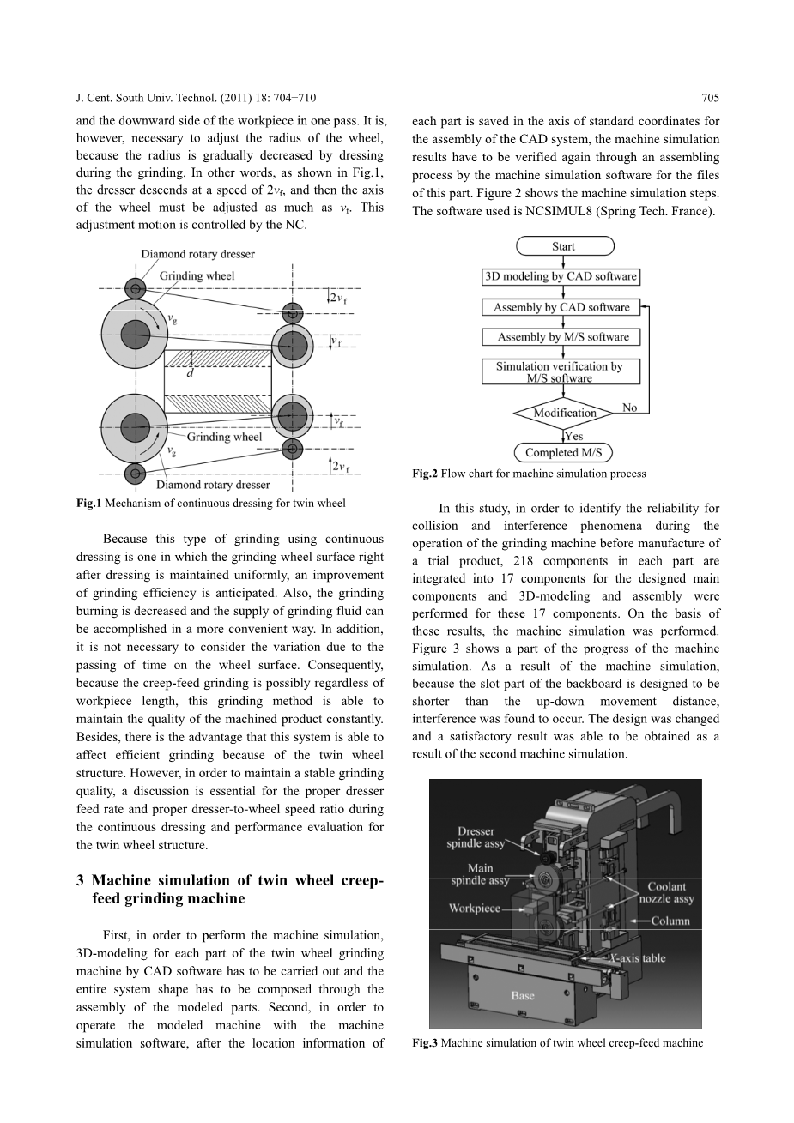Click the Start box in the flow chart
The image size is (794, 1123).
[x=564, y=246]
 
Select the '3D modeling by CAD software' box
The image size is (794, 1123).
[x=561, y=276]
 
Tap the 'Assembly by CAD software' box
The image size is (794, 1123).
[x=561, y=307]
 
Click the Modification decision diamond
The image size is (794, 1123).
[x=564, y=413]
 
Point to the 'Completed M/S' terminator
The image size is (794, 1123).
[x=563, y=452]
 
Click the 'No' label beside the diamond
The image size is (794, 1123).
[x=629, y=408]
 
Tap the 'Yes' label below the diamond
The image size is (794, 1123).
[x=574, y=436]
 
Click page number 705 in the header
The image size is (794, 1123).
[x=710, y=98]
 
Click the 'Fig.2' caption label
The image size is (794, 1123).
[x=425, y=474]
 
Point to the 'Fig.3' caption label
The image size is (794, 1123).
[x=425, y=1043]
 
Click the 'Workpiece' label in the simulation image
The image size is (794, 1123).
[x=475, y=908]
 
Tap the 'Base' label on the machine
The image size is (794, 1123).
[x=523, y=995]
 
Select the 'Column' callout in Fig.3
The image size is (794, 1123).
[x=670, y=921]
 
